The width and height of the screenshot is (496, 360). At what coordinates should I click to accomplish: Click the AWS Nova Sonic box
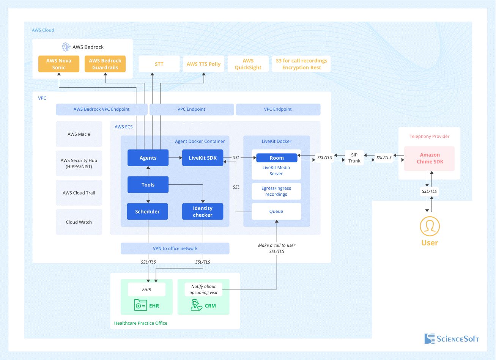click(x=59, y=64)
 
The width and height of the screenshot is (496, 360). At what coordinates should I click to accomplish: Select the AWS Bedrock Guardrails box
click(x=105, y=64)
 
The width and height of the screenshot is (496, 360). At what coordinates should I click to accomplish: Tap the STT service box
click(x=159, y=64)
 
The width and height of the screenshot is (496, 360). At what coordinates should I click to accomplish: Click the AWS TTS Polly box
click(x=203, y=64)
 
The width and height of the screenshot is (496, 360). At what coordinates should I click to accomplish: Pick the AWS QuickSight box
click(x=248, y=64)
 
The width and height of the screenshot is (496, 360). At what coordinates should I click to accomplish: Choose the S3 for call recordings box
click(x=301, y=64)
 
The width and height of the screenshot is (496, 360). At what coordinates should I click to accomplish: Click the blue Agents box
click(x=148, y=158)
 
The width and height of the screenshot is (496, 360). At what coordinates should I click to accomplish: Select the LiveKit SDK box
click(x=203, y=158)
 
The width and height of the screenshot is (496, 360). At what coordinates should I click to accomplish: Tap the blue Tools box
click(x=148, y=185)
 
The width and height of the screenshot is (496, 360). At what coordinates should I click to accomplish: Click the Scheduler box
click(x=148, y=212)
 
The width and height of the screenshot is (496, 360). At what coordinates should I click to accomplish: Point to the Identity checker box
click(x=203, y=212)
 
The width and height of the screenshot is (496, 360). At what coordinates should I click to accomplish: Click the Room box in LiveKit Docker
click(x=277, y=158)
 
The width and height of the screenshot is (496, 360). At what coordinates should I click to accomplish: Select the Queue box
click(x=276, y=211)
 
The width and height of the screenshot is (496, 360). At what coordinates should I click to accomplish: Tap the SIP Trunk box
click(x=354, y=158)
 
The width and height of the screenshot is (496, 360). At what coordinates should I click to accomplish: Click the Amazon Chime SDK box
click(x=430, y=158)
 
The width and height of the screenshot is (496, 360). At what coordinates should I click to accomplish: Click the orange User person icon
click(x=430, y=226)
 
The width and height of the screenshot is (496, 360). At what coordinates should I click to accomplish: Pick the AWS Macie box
click(x=79, y=134)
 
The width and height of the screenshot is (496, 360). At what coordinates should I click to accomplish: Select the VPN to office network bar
click(x=175, y=248)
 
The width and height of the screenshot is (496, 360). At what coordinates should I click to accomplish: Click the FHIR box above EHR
click(x=146, y=289)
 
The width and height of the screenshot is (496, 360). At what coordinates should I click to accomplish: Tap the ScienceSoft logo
click(x=452, y=339)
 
